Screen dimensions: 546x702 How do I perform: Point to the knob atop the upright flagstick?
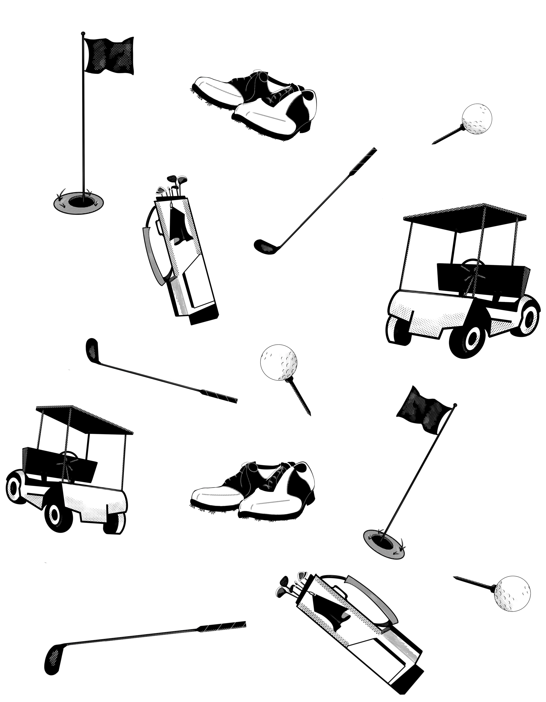83,33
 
